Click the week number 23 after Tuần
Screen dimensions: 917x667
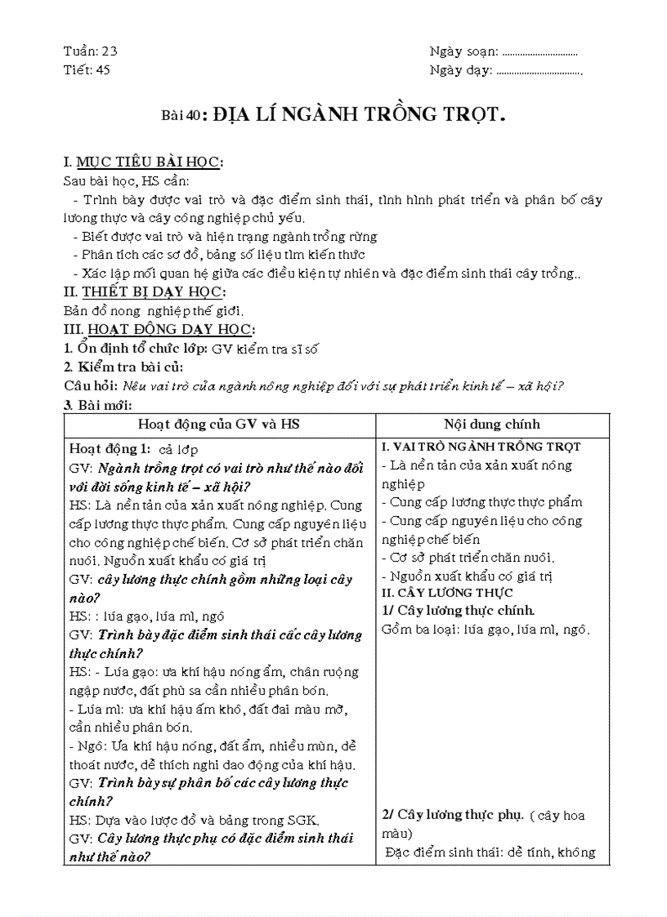110,51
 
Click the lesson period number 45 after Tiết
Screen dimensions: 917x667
102,69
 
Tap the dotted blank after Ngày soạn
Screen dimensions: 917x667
540,53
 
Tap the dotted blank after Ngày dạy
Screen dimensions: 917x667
539,71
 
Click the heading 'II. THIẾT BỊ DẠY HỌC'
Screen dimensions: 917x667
145,292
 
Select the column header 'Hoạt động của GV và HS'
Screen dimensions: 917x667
219,425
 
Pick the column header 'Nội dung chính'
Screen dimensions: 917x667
492,425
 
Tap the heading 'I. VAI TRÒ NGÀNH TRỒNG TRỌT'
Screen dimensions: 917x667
481,447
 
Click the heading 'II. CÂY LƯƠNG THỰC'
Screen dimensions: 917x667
447,593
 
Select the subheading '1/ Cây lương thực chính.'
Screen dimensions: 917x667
458,610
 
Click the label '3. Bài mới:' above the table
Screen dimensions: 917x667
98,404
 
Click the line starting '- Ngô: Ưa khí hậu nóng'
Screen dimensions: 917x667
212,746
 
